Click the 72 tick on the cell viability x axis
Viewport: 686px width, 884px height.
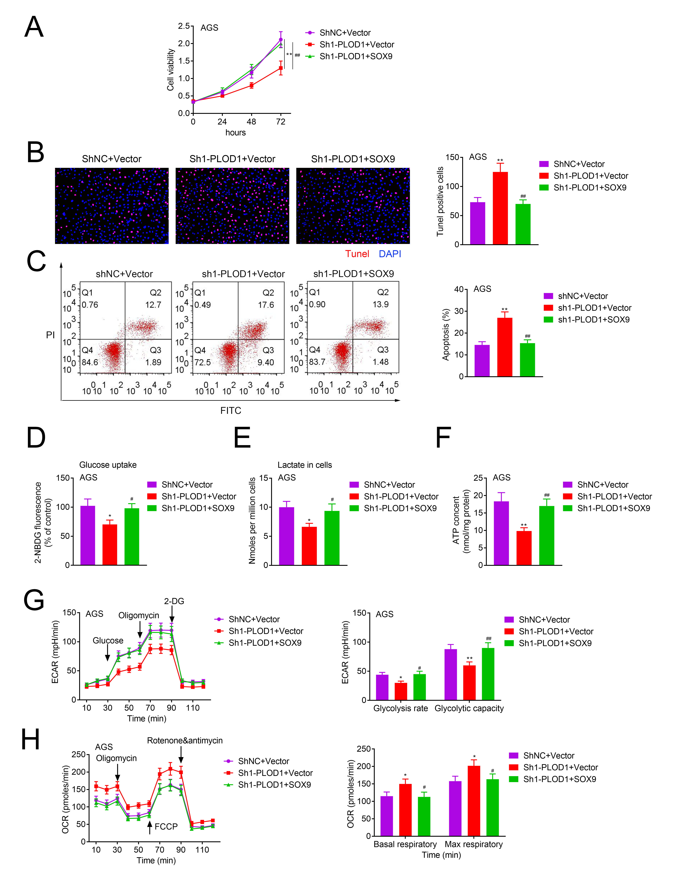click(x=280, y=121)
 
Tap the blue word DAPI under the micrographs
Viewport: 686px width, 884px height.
click(x=390, y=254)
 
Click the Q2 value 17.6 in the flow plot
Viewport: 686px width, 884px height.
click(x=266, y=305)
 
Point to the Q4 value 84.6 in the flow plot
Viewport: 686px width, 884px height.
click(x=90, y=362)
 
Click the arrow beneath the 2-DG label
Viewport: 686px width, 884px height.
click(x=172, y=616)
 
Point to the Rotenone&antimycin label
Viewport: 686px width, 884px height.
click(x=185, y=740)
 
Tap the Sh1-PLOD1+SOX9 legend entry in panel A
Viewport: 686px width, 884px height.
click(x=356, y=56)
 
